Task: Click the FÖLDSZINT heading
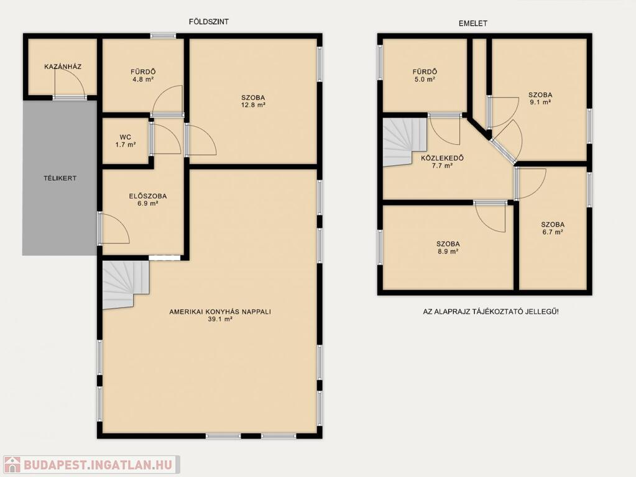click(208, 22)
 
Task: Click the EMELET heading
click(473, 24)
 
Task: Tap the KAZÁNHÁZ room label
click(63, 66)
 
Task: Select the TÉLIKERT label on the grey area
click(60, 178)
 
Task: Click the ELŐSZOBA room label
click(147, 196)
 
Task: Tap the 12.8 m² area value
click(253, 105)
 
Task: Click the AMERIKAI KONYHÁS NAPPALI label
click(220, 312)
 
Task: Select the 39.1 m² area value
click(220, 319)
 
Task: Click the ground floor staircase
click(125, 284)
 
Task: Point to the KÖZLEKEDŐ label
click(442, 158)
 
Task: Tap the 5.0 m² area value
click(425, 79)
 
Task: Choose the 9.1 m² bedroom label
click(540, 99)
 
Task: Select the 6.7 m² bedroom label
click(553, 228)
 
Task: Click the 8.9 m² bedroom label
click(448, 248)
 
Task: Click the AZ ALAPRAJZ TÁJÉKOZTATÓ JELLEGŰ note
click(491, 312)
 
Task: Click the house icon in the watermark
click(12, 465)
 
